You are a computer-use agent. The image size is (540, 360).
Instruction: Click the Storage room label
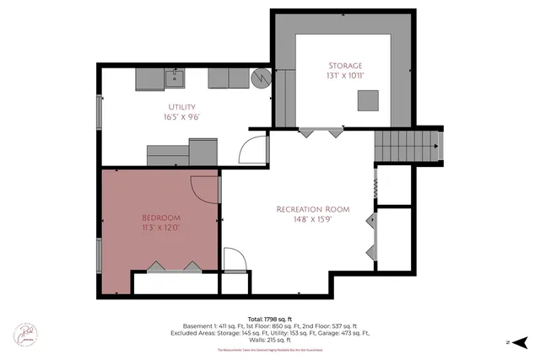345,65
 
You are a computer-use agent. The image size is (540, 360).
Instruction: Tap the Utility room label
181,107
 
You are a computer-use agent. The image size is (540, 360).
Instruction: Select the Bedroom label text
160,216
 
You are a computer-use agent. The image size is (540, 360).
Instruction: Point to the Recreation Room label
312,209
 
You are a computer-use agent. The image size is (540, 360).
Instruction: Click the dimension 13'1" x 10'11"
345,76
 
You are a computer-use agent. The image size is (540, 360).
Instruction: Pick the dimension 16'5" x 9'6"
181,118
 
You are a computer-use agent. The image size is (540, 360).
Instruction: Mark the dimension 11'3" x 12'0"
160,227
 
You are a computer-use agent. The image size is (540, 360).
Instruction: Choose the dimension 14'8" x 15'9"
312,220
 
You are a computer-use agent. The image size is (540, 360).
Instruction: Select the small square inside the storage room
367,100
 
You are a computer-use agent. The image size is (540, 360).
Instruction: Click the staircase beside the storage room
408,148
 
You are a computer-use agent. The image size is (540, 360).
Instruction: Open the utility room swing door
253,150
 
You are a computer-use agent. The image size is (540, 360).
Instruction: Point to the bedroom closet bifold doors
175,266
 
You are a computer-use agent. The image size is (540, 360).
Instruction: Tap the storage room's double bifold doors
322,132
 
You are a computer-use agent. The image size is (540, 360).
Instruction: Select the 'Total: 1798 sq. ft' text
269,319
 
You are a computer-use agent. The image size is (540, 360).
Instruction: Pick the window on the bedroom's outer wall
100,256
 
